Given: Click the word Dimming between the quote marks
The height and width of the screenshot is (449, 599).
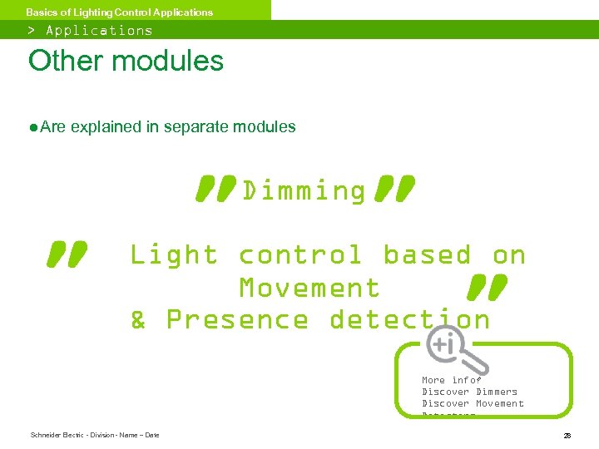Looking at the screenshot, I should click(304, 191).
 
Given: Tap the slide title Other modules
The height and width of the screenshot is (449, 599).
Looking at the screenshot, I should click(126, 61).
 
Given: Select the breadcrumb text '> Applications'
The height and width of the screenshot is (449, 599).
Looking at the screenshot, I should click(91, 30).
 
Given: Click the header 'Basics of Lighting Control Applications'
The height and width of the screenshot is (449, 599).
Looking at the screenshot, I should click(119, 12).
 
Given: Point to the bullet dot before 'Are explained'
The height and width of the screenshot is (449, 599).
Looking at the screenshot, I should click(32, 127).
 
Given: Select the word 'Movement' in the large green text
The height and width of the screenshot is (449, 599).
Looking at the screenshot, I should click(309, 288).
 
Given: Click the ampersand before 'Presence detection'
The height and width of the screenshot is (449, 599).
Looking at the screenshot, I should click(138, 319).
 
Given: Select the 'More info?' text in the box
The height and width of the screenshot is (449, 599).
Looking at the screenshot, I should click(451, 380).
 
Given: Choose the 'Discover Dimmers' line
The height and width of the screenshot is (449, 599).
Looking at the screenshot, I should click(469, 392).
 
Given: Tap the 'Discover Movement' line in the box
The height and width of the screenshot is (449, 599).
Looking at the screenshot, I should click(473, 403).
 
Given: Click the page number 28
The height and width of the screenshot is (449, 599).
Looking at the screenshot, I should click(567, 435).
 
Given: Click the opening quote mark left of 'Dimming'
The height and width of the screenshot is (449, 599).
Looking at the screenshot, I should click(216, 189).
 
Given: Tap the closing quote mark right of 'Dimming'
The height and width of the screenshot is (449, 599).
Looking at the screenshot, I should click(394, 189).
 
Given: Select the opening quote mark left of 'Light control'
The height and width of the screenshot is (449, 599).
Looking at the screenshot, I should click(68, 254).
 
